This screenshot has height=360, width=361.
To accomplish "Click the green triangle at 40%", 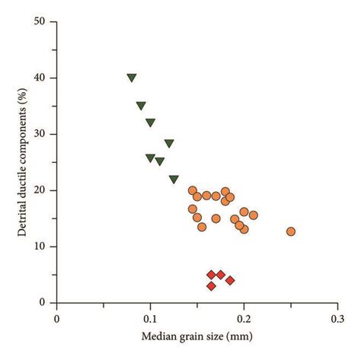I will (132, 78).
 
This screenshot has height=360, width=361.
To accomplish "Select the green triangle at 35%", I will (141, 106).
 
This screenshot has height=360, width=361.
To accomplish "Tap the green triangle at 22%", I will (174, 179).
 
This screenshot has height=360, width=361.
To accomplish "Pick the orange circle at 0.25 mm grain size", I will (290, 231).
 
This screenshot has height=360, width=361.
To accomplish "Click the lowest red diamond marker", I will (211, 285).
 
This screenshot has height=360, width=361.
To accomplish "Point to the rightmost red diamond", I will (230, 280).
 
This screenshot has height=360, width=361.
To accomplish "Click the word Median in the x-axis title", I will (158, 336).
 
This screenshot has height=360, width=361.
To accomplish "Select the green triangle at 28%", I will (169, 143).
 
